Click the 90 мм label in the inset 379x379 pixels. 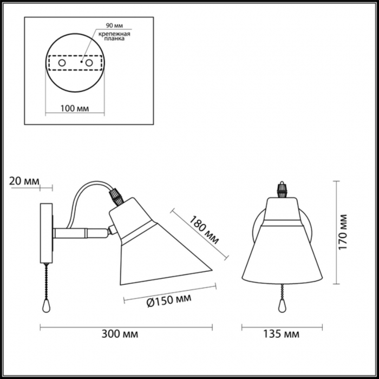coord(115,25)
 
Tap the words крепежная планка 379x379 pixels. coord(114,36)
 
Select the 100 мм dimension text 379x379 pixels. coord(75,108)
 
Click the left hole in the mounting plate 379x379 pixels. coord(62,63)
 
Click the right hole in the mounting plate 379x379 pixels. coord(89,63)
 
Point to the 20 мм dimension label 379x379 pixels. coord(24,181)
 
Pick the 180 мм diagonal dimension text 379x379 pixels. coord(204,230)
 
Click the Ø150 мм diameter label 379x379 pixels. coord(169,300)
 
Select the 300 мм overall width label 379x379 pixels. coord(120,334)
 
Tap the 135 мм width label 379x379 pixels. coord(281,334)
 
